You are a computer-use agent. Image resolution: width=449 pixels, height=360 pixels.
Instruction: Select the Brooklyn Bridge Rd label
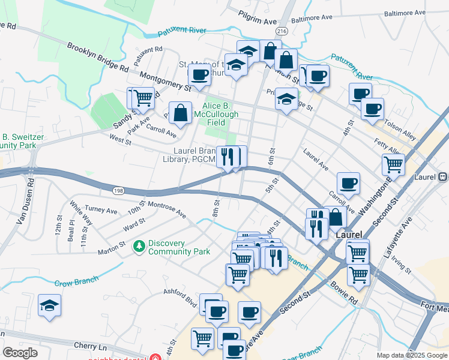point(98,58)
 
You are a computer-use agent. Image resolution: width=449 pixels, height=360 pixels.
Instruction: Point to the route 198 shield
point(118,190)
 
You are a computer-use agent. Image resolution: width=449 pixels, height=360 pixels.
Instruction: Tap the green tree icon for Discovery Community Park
point(139,246)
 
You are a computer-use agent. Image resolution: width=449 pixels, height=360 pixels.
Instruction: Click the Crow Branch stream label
point(76,283)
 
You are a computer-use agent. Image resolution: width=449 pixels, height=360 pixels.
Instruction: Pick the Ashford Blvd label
point(180,295)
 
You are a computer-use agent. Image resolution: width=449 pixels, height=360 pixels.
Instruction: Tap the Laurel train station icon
point(443,178)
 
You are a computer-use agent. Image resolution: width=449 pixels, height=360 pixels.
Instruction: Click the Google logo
point(20,353)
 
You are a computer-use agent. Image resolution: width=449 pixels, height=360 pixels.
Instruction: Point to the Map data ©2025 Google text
point(411,355)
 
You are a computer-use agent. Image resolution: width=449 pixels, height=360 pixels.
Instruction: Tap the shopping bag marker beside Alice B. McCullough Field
point(180,112)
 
